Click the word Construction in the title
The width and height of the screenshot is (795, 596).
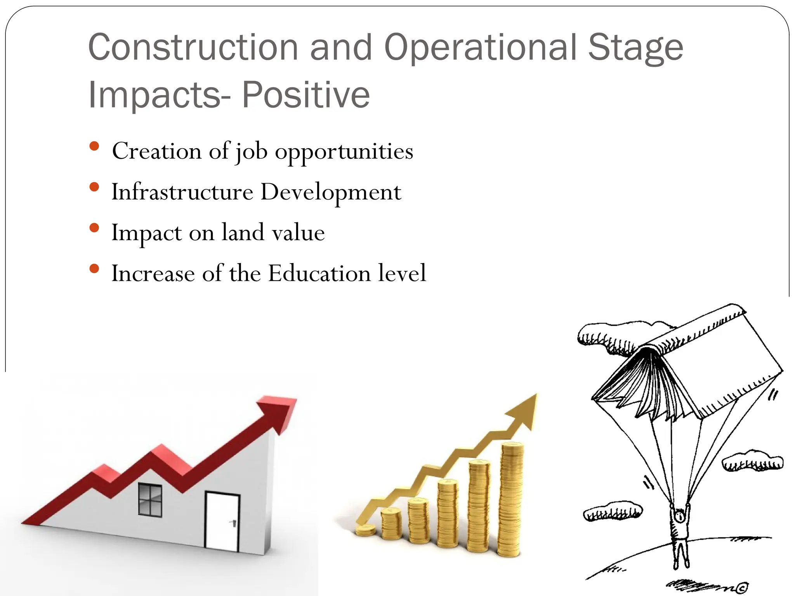193,47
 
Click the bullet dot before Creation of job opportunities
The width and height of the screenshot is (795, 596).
94,147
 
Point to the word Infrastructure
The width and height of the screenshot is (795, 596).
182,192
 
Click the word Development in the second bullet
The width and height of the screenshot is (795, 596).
331,192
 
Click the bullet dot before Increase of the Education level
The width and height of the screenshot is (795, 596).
94,269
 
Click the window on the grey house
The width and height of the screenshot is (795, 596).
150,500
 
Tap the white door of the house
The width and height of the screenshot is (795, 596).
222,521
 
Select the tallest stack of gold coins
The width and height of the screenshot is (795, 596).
510,501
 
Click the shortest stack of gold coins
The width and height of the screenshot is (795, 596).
365,530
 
